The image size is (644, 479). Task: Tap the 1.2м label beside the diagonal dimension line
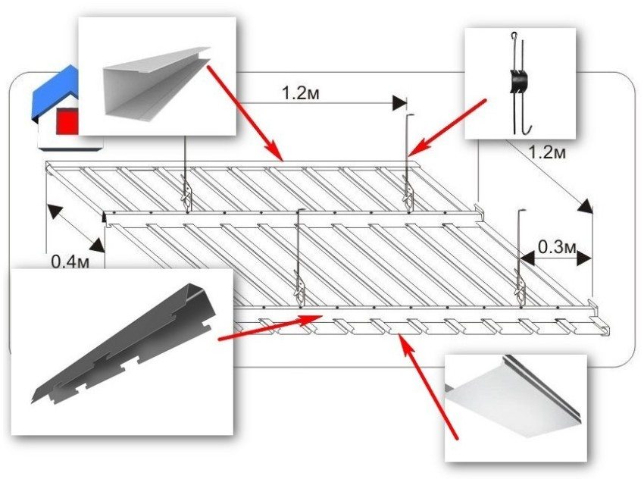pyautogui.click(x=546, y=153)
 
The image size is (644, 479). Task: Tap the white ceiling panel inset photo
pyautogui.click(x=516, y=405)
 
